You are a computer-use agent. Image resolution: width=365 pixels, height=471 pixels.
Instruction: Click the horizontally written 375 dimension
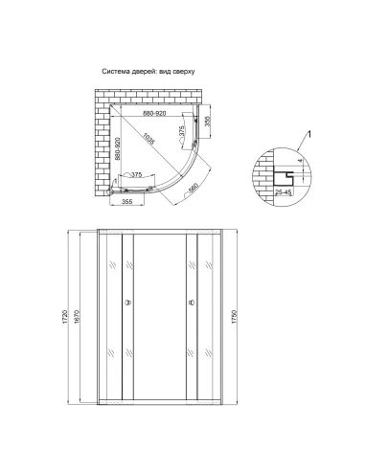(x=136, y=175)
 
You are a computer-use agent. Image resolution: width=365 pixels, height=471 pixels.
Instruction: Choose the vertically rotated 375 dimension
(x=182, y=134)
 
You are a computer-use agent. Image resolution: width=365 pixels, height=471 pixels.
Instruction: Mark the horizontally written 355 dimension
(x=125, y=202)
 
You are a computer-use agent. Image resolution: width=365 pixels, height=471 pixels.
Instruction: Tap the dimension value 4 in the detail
(x=299, y=164)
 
